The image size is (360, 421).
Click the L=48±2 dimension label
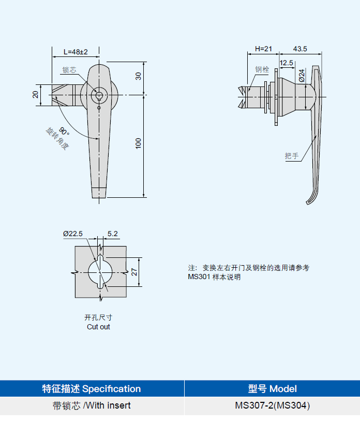pyautogui.click(x=76, y=52)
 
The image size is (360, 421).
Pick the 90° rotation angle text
pyautogui.click(x=64, y=130)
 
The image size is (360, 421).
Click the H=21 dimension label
pyautogui.click(x=263, y=49)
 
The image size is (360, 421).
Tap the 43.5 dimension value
pyautogui.click(x=300, y=49)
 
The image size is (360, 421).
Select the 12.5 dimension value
pyautogui.click(x=287, y=63)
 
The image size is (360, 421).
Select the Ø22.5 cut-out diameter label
pyautogui.click(x=73, y=234)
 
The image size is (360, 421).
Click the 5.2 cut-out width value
pyautogui.click(x=112, y=234)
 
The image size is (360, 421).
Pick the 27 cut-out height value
pyautogui.click(x=134, y=271)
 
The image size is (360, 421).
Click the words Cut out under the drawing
pyautogui.click(x=98, y=327)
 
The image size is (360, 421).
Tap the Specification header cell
pyautogui.click(x=92, y=388)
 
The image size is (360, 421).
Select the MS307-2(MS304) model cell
pyautogui.click(x=272, y=405)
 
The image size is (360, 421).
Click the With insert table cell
pyautogui.click(x=92, y=405)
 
